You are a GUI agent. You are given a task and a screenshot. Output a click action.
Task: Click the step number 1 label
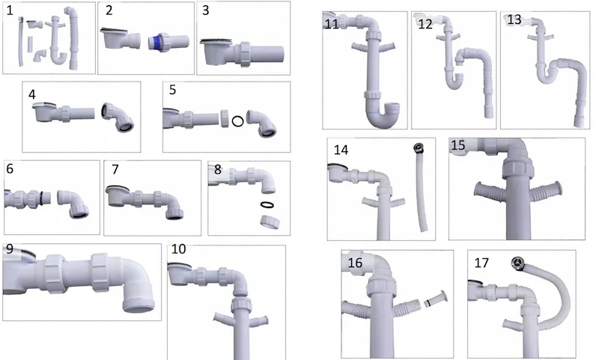pos(10,10)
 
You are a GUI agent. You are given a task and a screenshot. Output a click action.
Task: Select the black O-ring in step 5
pos(237,121)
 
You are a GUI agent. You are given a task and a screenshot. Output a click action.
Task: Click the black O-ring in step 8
pos(267,204)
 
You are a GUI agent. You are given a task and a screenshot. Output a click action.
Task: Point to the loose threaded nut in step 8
pos(270,222)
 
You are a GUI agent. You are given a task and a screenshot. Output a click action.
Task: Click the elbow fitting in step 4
pos(118,117)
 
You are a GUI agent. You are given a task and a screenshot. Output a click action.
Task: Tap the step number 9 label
pos(10,249)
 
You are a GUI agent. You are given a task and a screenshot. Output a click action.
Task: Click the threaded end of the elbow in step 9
pos(139,305)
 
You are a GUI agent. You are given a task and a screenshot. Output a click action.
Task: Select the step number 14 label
pos(341,150)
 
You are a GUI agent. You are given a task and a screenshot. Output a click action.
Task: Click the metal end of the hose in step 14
pos(419,148)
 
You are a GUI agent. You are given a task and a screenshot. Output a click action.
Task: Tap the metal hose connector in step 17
pos(517,263)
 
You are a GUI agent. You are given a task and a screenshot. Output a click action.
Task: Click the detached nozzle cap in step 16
pos(436,299)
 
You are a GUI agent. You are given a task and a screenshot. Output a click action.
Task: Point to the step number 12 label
pos(425,25)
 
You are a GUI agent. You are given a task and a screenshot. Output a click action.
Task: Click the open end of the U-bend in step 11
pos(391,108)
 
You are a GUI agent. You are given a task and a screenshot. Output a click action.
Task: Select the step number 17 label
pos(481,263)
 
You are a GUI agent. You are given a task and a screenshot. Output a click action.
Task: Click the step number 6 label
pos(10,168)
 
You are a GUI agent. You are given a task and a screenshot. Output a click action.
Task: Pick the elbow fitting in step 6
pos(73,204)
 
